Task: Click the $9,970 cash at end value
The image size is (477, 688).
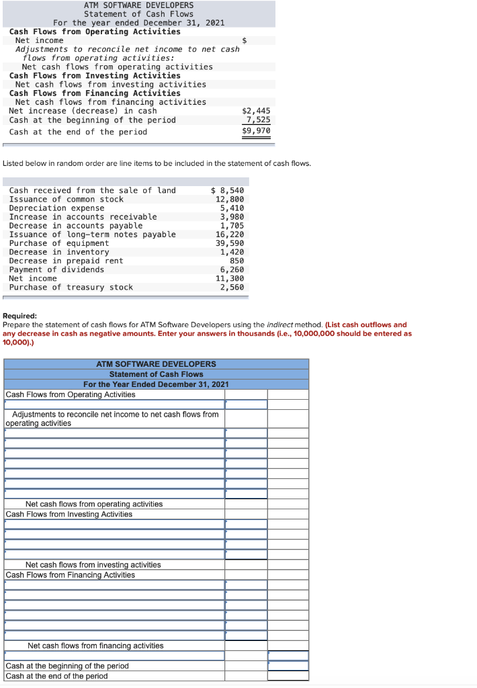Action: point(256,131)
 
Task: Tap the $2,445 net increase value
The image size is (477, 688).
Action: point(256,110)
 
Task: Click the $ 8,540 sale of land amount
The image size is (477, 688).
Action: point(228,190)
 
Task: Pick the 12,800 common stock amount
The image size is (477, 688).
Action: point(230,199)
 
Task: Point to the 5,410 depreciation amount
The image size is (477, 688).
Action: point(232,208)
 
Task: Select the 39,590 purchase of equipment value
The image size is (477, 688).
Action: point(230,243)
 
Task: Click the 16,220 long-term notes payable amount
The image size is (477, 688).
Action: point(230,234)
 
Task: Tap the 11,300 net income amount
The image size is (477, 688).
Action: point(230,278)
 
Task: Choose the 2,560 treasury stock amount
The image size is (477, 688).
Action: point(232,287)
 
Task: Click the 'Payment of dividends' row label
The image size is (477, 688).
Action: point(56,269)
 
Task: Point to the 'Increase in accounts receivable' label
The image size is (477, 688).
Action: point(83,216)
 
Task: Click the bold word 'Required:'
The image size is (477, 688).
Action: point(20,316)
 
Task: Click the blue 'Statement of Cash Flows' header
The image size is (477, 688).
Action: point(156,374)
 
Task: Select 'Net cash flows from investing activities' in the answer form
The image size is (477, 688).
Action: point(93,564)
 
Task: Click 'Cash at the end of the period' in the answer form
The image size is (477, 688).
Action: point(56,676)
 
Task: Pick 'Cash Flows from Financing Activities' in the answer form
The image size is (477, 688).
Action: point(70,574)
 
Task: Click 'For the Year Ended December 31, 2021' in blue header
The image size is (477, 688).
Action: point(156,384)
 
